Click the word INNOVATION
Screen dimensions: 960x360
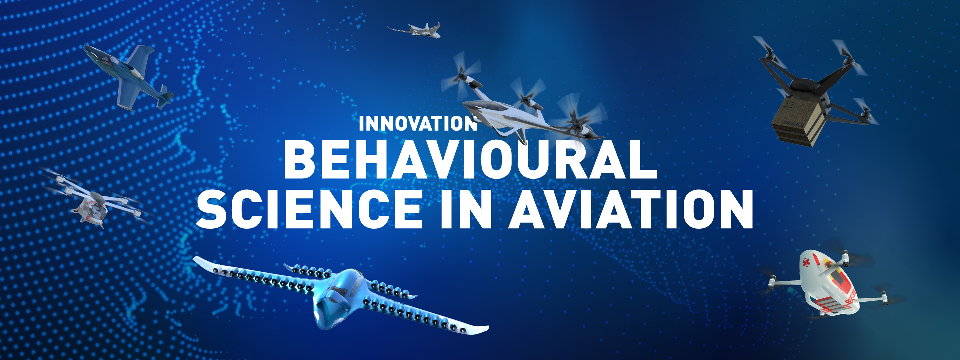tap(418, 123)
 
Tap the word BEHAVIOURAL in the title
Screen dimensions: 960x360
tap(470, 159)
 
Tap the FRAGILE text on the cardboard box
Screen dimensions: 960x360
tap(794, 123)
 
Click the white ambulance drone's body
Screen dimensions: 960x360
tap(829, 283)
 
